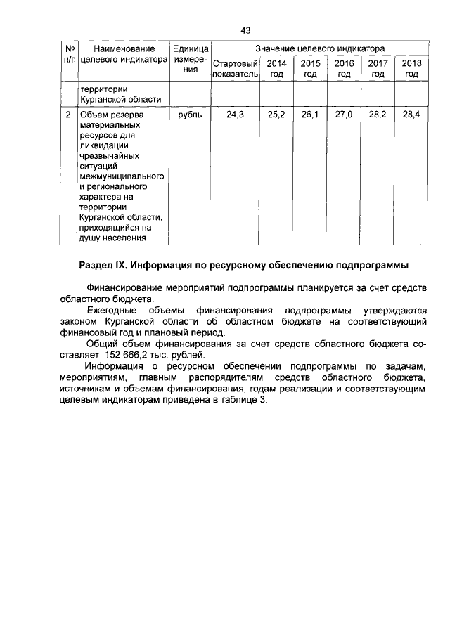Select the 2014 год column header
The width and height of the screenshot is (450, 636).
(x=276, y=68)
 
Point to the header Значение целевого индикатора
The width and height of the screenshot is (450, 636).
(x=320, y=49)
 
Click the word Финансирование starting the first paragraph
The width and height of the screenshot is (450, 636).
(x=124, y=288)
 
